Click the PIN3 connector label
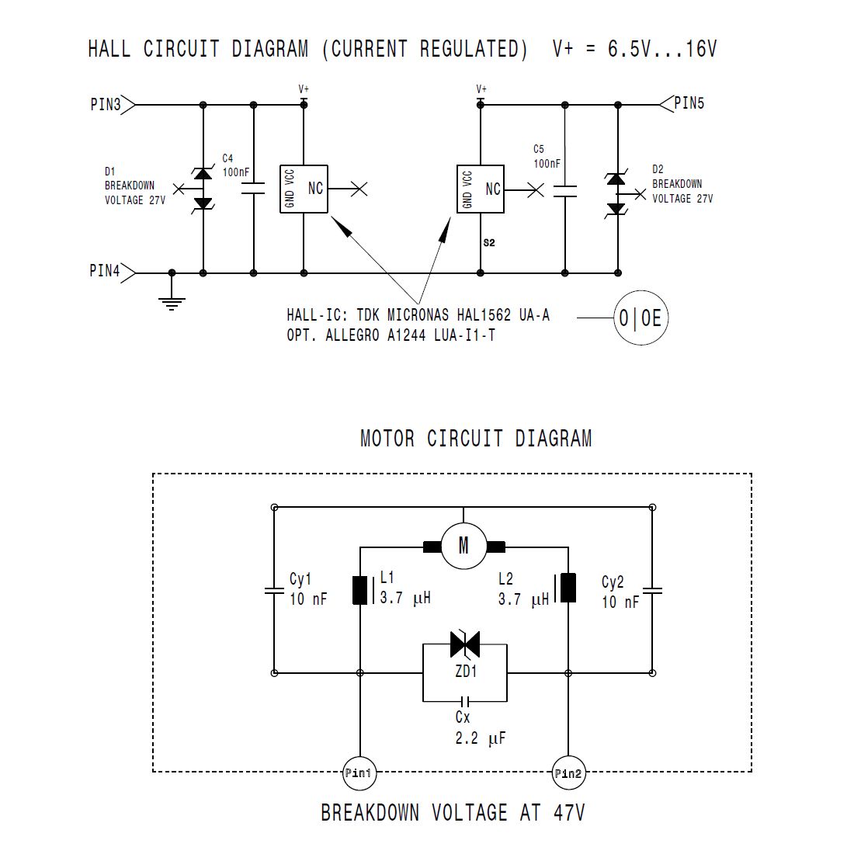point(106,104)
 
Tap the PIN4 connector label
point(105,271)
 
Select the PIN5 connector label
point(689,103)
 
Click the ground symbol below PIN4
point(172,304)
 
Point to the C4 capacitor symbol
point(253,189)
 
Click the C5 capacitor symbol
point(564,191)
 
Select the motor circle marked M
point(463,545)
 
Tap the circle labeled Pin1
point(359,772)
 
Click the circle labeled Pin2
point(568,772)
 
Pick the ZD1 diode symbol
point(465,645)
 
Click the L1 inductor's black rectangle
point(360,590)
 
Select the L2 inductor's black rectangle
point(568,588)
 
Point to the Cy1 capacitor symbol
point(274,590)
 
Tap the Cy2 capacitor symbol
point(652,590)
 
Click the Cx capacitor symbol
point(464,701)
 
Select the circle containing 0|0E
point(640,318)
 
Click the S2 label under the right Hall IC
point(489,243)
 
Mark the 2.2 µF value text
point(481,738)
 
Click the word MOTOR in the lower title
point(387,439)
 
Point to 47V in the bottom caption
point(569,813)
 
